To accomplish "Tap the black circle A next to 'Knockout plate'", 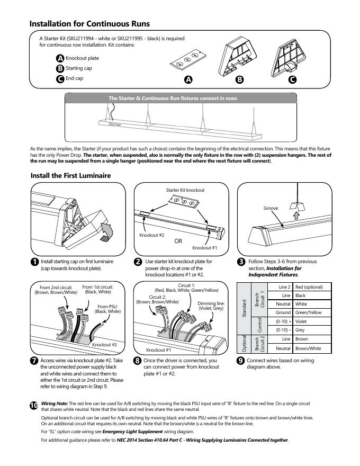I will point(60,58).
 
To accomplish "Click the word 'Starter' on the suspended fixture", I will point(114,124).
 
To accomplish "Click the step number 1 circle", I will point(34,262).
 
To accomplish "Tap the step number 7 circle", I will point(34,361).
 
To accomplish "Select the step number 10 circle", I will point(34,405).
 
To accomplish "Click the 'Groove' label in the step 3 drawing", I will point(271,208).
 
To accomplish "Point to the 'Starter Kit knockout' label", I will point(185,190).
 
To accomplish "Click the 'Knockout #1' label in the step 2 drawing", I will point(204,247).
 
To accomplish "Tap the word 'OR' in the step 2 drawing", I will point(178,240).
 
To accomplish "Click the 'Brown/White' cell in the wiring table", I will point(308,348).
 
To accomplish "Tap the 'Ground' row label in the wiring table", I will point(283,312).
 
